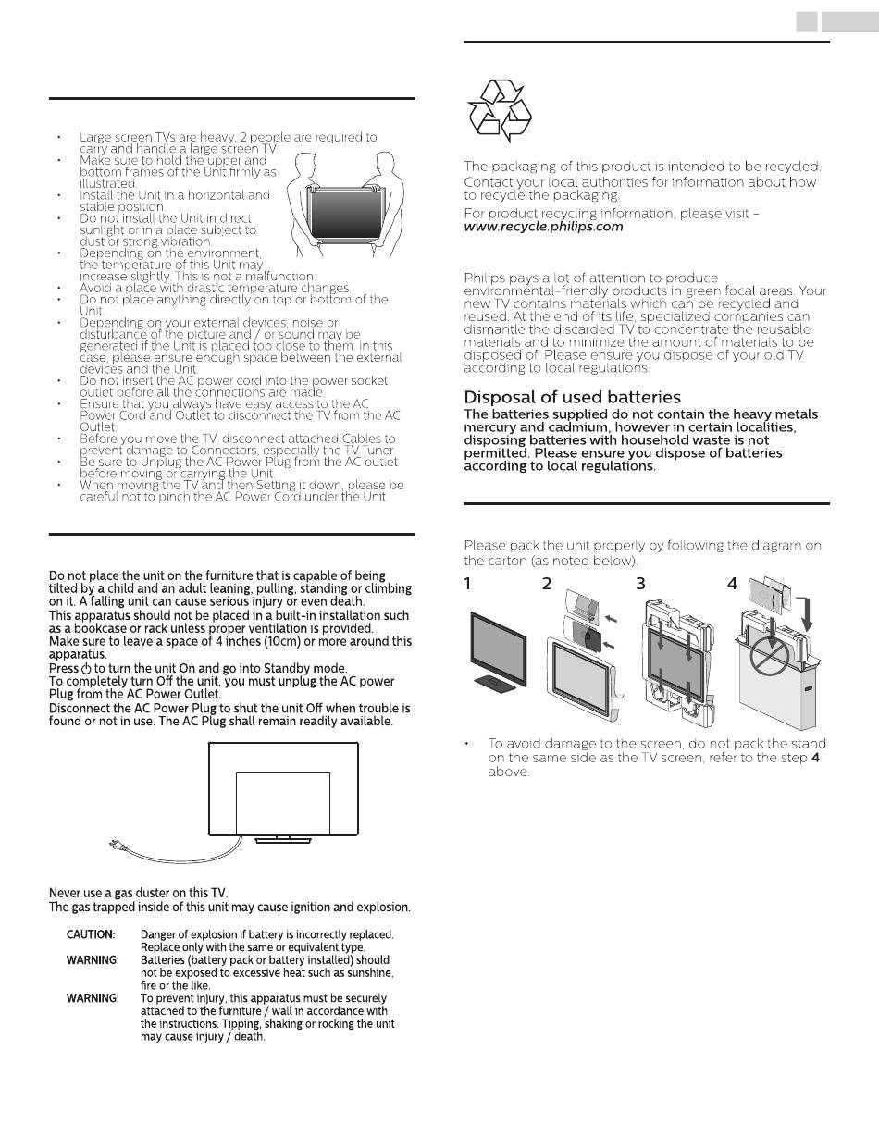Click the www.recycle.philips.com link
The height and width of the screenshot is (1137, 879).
click(543, 226)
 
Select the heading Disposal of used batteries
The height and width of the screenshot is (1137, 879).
click(572, 397)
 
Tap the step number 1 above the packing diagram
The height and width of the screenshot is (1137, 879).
click(468, 584)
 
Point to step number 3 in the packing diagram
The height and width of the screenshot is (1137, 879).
click(640, 584)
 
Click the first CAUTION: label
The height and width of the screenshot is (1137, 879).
click(91, 934)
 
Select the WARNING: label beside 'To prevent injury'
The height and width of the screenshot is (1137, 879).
click(93, 998)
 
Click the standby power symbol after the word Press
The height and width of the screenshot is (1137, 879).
click(85, 668)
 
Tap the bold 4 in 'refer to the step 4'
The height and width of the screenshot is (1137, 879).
click(815, 758)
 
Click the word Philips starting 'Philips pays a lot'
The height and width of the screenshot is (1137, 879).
click(485, 278)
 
